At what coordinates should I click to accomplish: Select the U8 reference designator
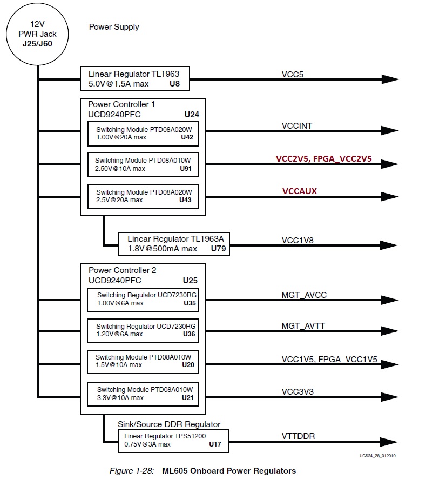click(x=174, y=84)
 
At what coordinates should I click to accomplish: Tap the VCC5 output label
click(x=293, y=74)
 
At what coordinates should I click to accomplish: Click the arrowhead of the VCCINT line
click(x=390, y=131)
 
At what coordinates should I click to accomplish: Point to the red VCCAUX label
click(x=299, y=191)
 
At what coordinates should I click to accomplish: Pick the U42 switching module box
click(x=143, y=134)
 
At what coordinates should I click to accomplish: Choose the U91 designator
click(x=186, y=169)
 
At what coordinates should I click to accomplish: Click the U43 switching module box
click(x=143, y=196)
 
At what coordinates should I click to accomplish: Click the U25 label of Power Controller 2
click(x=191, y=281)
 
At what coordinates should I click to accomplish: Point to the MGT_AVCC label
click(x=304, y=295)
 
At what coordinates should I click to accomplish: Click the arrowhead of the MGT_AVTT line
click(x=390, y=330)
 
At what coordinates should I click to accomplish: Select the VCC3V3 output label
click(x=297, y=391)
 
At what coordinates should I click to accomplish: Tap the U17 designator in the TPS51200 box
click(x=215, y=444)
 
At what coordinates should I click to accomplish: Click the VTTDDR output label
click(x=299, y=436)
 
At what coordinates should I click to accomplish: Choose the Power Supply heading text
click(x=114, y=27)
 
